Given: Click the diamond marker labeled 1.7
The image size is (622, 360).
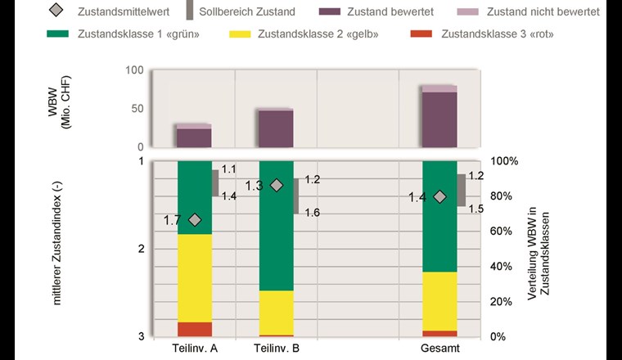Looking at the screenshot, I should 195,219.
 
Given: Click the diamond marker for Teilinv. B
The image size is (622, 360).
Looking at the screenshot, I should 277,186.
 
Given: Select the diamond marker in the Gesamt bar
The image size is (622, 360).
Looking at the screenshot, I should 440,196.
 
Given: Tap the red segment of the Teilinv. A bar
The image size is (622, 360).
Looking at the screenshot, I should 195,329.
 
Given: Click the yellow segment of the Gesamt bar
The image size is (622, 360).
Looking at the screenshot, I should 440,301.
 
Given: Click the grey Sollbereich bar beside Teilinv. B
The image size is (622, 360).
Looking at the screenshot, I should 296,196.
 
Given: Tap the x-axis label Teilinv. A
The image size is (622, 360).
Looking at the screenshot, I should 195,349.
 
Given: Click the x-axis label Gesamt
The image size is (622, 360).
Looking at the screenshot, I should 440,349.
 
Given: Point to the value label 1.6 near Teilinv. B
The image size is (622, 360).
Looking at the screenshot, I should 313,213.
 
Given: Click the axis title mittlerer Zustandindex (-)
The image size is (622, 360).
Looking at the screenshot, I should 57,245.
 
